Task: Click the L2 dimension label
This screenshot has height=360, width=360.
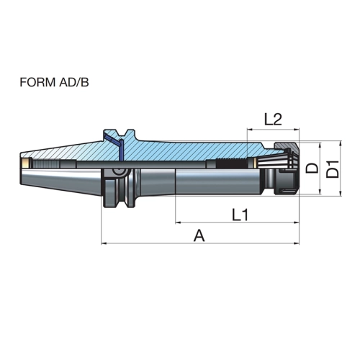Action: point(273,120)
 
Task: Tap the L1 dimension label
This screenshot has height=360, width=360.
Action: point(240,215)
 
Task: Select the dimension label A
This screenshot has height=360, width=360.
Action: point(199,235)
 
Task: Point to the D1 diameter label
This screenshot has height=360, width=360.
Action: point(333,169)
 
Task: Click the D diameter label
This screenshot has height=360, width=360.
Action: point(312,168)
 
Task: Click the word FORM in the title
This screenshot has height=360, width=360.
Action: point(37,82)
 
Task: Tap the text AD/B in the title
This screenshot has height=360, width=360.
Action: point(73,82)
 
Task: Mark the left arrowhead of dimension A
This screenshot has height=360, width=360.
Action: point(104,243)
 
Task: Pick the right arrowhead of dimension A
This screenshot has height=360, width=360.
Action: point(297,243)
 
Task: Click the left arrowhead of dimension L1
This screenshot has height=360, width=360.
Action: point(178,222)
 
